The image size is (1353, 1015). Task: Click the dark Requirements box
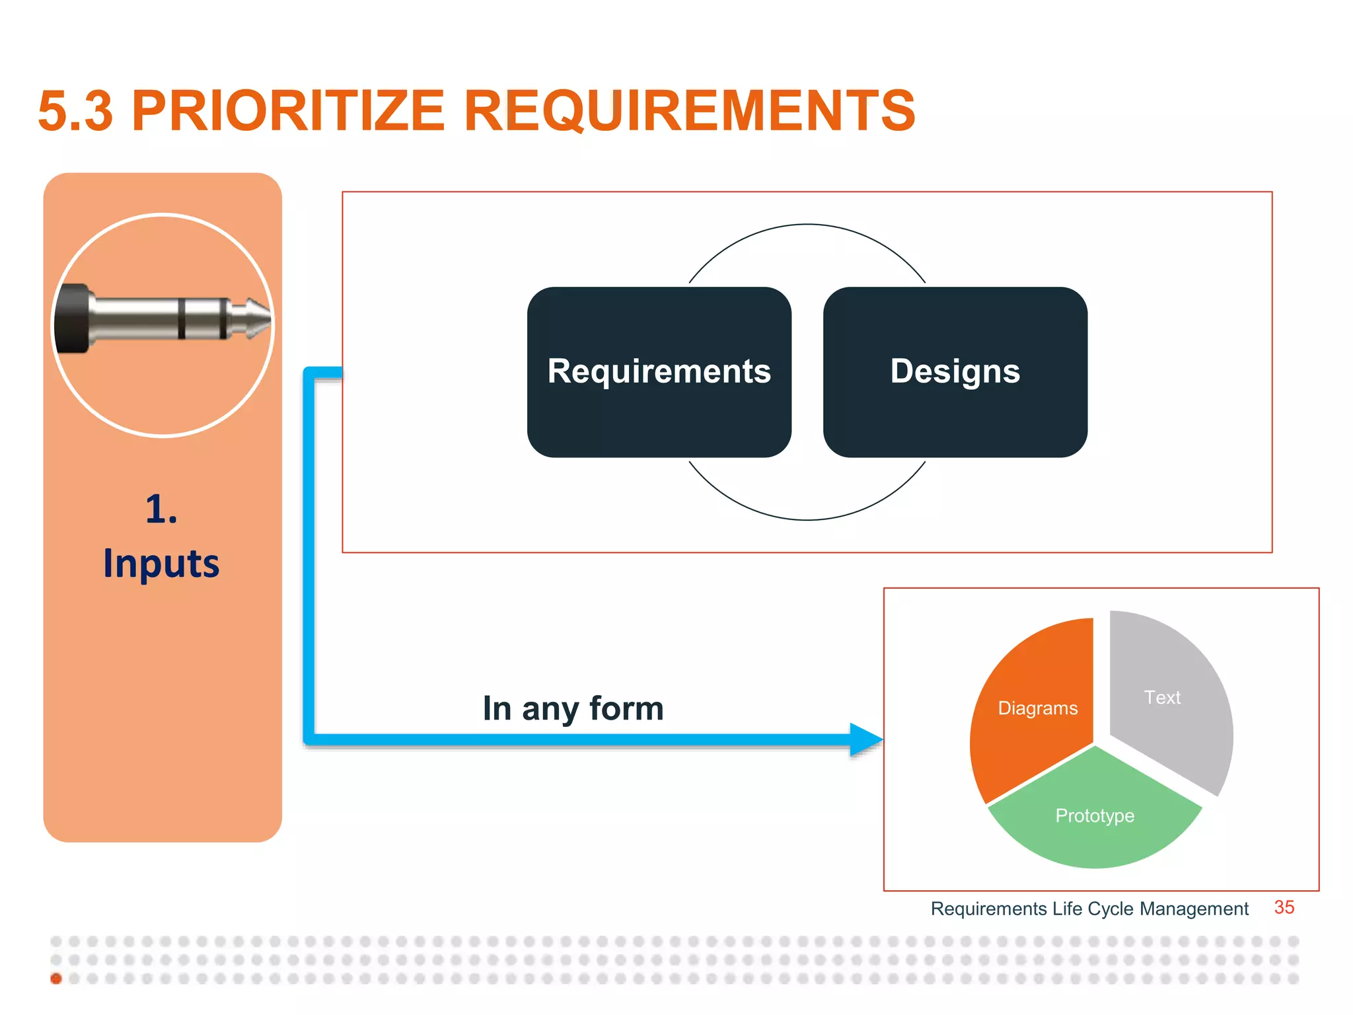coord(659,371)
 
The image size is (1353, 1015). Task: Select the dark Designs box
coord(955,371)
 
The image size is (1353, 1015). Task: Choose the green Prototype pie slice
coord(1095,817)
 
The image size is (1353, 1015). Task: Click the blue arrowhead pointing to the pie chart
coord(864,739)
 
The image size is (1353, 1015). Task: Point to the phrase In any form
coord(573,708)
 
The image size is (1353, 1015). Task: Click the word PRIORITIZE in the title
coord(288,110)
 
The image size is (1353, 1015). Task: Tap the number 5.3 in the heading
coord(75,110)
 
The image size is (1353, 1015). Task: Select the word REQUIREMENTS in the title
coord(689,110)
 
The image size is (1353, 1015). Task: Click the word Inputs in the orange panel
coord(161,564)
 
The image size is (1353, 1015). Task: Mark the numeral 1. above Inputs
coord(161,509)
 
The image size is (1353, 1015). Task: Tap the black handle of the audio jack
coord(71,319)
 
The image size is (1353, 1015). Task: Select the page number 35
coord(1284,907)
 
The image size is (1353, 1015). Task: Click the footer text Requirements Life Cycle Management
coord(1089,909)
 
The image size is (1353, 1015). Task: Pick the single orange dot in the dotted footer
coord(56,979)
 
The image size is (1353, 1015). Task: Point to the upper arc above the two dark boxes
coord(807,225)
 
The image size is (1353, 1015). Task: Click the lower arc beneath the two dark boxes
coord(807,519)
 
